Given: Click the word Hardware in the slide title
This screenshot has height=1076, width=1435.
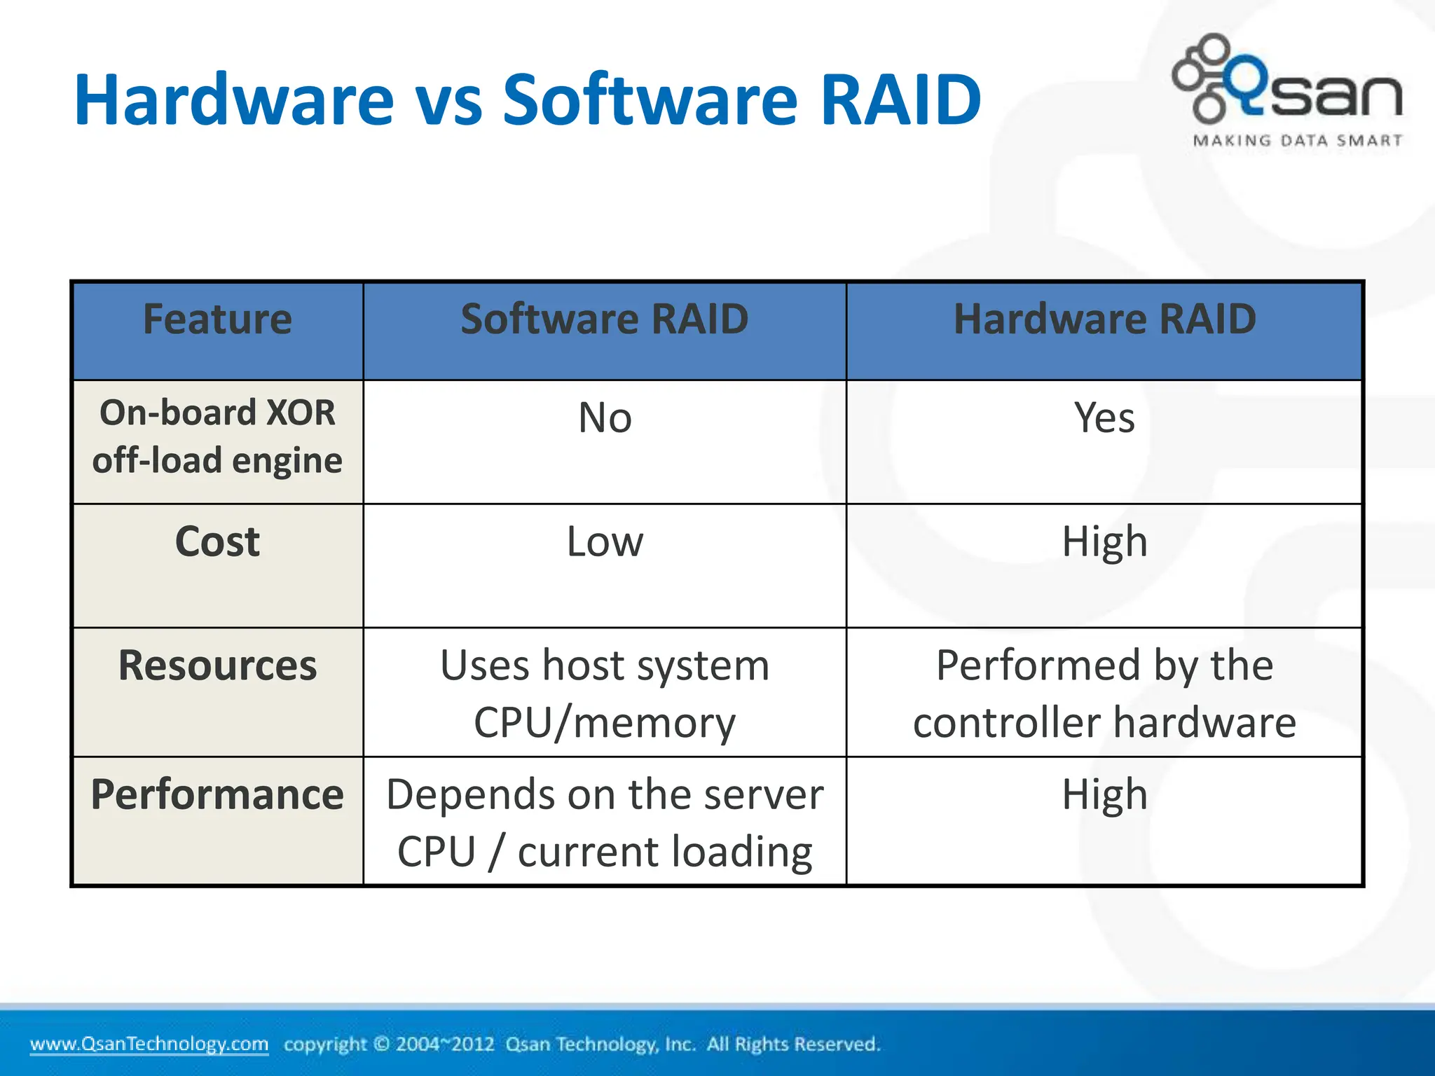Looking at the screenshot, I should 234,99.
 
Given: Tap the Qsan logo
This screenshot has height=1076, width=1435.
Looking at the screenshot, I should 1288,81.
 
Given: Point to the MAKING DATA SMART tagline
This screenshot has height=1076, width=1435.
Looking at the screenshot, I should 1298,141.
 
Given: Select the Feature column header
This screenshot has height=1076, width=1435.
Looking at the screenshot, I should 217,319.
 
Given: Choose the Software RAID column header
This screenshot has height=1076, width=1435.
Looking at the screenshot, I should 604,319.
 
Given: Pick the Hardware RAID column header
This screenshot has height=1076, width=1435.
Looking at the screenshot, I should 1104,319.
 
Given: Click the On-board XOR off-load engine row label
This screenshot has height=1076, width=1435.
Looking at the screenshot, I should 217,436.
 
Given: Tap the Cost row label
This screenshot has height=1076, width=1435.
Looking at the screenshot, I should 217,542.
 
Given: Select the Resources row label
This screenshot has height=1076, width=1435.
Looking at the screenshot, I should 217,665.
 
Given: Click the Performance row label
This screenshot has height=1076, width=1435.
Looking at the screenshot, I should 217,794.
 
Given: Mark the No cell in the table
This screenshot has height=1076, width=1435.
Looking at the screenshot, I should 605,418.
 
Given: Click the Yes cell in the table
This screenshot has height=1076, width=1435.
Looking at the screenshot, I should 1104,418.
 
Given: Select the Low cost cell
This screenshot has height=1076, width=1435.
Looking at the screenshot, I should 605,542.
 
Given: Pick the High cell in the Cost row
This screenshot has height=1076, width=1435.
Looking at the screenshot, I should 1104,542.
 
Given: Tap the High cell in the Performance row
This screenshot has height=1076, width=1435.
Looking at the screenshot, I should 1104,794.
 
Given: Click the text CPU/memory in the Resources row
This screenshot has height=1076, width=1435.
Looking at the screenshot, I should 605,723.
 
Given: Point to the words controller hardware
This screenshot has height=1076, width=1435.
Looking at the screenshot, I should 1104,723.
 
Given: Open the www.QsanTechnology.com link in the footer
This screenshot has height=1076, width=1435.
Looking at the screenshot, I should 149,1044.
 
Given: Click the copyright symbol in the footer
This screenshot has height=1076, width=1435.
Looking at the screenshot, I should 381,1044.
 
